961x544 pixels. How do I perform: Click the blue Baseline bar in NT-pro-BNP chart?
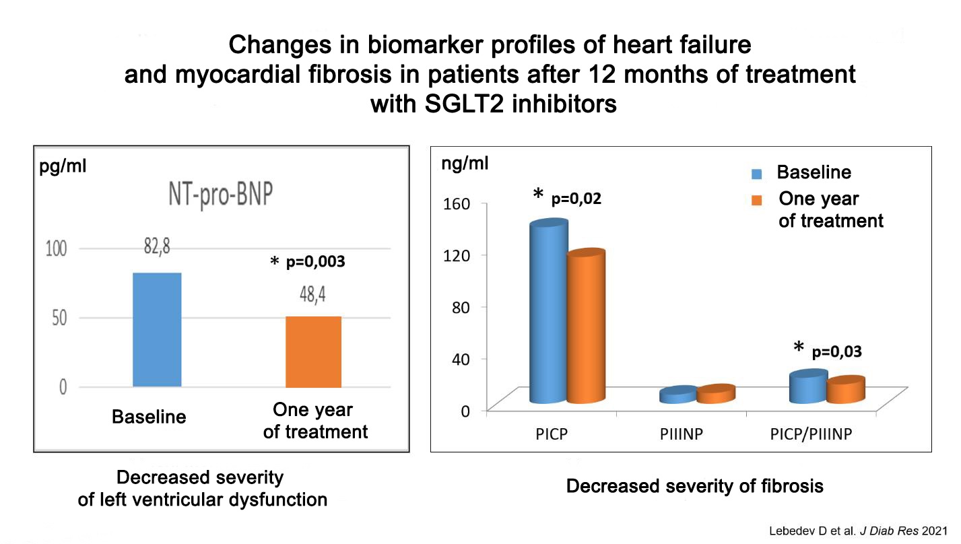[157, 329]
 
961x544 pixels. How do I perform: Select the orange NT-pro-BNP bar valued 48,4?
[313, 351]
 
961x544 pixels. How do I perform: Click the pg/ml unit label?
[62, 166]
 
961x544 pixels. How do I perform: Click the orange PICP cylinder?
[585, 327]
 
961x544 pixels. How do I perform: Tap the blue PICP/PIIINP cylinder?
[808, 388]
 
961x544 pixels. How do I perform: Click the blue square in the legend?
[757, 174]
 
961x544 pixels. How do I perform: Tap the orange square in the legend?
[757, 200]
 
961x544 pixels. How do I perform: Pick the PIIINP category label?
[682, 434]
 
